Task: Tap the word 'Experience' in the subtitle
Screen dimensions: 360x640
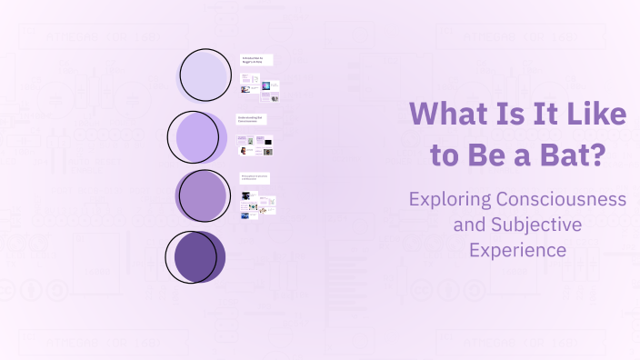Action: click(x=518, y=248)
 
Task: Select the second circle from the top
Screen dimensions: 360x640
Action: click(x=198, y=136)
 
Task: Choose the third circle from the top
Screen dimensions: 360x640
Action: click(x=202, y=195)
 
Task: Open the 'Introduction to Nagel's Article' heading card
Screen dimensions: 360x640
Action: click(x=256, y=60)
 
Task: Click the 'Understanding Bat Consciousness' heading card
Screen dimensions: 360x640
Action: click(x=254, y=119)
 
